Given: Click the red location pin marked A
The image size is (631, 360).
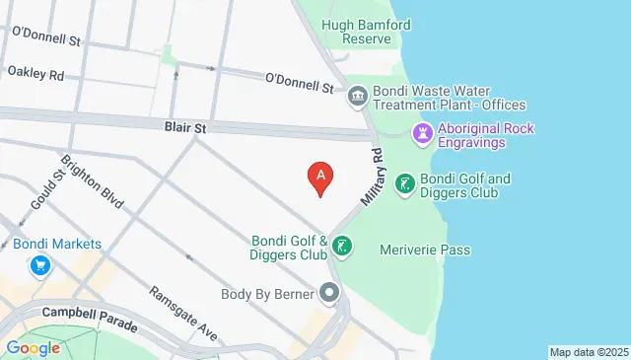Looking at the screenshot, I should click(x=319, y=178).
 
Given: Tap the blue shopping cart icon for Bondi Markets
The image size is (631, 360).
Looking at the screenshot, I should click(x=40, y=265).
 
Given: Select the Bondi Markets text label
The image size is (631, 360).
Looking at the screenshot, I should click(x=57, y=244).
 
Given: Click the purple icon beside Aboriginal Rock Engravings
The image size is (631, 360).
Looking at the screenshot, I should click(x=424, y=132).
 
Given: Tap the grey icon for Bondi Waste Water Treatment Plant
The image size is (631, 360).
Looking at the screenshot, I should click(x=357, y=97).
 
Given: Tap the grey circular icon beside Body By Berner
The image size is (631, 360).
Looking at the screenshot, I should click(x=329, y=293).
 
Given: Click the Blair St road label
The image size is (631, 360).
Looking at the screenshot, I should click(x=184, y=127).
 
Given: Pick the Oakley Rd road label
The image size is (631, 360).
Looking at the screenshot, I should click(x=35, y=73).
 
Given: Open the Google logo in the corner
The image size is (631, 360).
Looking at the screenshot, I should click(x=33, y=347).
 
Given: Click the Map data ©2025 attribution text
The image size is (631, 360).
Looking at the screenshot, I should click(x=588, y=352).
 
